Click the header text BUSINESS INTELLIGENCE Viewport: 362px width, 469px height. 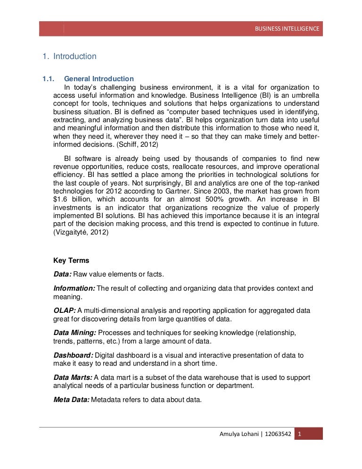tap(287, 29)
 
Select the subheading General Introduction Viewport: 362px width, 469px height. tap(99, 79)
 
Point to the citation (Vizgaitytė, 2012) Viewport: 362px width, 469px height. tap(81, 233)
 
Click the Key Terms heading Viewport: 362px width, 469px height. tap(71, 260)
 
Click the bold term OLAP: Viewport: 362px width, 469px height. tap(65, 310)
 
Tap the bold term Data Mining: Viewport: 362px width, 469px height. tap(75, 333)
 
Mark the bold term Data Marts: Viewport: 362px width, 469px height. tap(74, 377)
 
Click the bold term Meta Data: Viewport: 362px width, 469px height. tap(71, 400)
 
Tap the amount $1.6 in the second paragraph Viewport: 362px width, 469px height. tap(61, 200)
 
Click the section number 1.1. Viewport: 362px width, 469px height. tap(49, 79)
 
